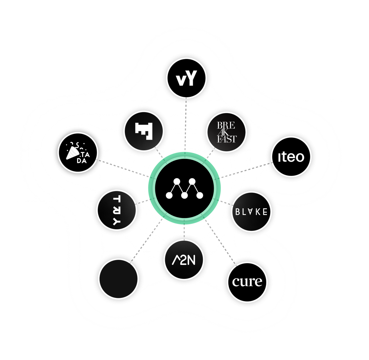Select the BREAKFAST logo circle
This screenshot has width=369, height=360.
(x=227, y=133)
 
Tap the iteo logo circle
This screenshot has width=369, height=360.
(x=291, y=156)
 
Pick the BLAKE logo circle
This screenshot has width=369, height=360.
(x=252, y=212)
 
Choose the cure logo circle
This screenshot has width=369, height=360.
(x=247, y=282)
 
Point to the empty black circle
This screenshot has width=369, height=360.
(x=118, y=279)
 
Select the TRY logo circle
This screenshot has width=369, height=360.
(x=117, y=211)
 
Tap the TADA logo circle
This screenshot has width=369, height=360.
(x=78, y=152)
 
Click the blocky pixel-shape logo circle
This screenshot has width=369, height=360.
(x=144, y=131)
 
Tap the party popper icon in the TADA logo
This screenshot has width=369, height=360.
(x=73, y=152)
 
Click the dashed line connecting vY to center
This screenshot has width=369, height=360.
(x=186, y=123)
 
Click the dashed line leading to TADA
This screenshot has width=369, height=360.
(x=123, y=168)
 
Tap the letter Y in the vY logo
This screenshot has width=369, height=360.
(x=190, y=79)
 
